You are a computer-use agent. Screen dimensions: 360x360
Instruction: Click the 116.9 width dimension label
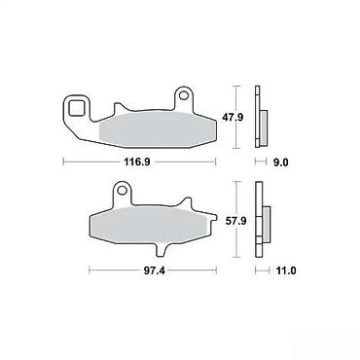coord(137,162)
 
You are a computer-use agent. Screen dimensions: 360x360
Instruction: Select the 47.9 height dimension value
coord(233,117)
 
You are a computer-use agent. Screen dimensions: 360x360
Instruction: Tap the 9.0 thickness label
coord(281,162)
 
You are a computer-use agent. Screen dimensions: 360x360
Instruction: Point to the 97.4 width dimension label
coord(154,270)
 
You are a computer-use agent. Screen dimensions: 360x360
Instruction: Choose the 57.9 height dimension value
coord(235,221)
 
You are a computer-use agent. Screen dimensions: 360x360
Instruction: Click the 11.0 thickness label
coord(285,270)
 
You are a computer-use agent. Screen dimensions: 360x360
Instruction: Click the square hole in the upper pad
coord(77,108)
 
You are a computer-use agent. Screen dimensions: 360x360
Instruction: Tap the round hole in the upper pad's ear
coord(184,95)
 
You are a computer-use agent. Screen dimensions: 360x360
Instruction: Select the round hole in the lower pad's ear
coord(123,190)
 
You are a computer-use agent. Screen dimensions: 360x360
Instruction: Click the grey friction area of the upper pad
coord(157,129)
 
